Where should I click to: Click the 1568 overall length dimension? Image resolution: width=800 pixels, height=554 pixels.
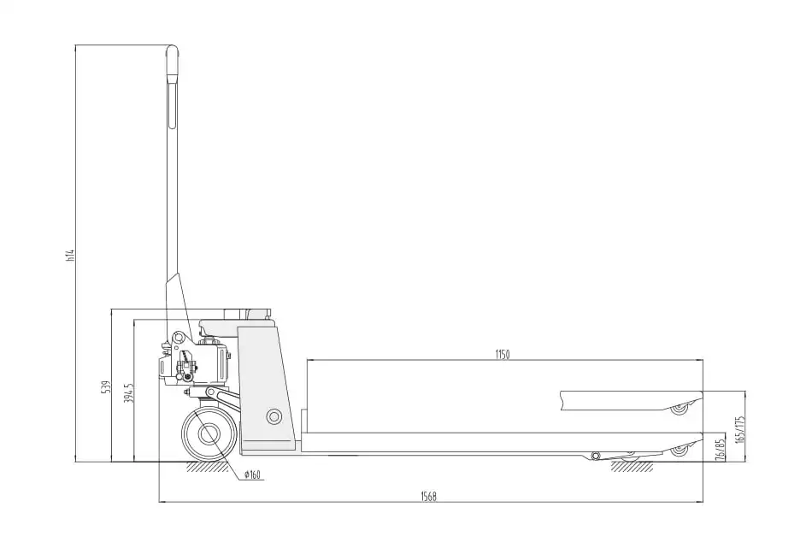[428, 497]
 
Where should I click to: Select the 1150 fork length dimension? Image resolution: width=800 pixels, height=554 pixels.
[503, 355]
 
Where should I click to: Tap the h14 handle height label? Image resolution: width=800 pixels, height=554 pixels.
[71, 256]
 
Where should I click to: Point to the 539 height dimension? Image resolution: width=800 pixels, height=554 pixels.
[106, 387]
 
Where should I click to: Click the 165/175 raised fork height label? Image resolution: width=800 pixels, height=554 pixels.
[741, 429]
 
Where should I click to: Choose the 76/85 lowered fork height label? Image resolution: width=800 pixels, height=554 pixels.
[720, 449]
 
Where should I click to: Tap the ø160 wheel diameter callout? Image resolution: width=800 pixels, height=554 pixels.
[252, 475]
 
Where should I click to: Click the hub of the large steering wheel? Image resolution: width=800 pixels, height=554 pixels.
[207, 434]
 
